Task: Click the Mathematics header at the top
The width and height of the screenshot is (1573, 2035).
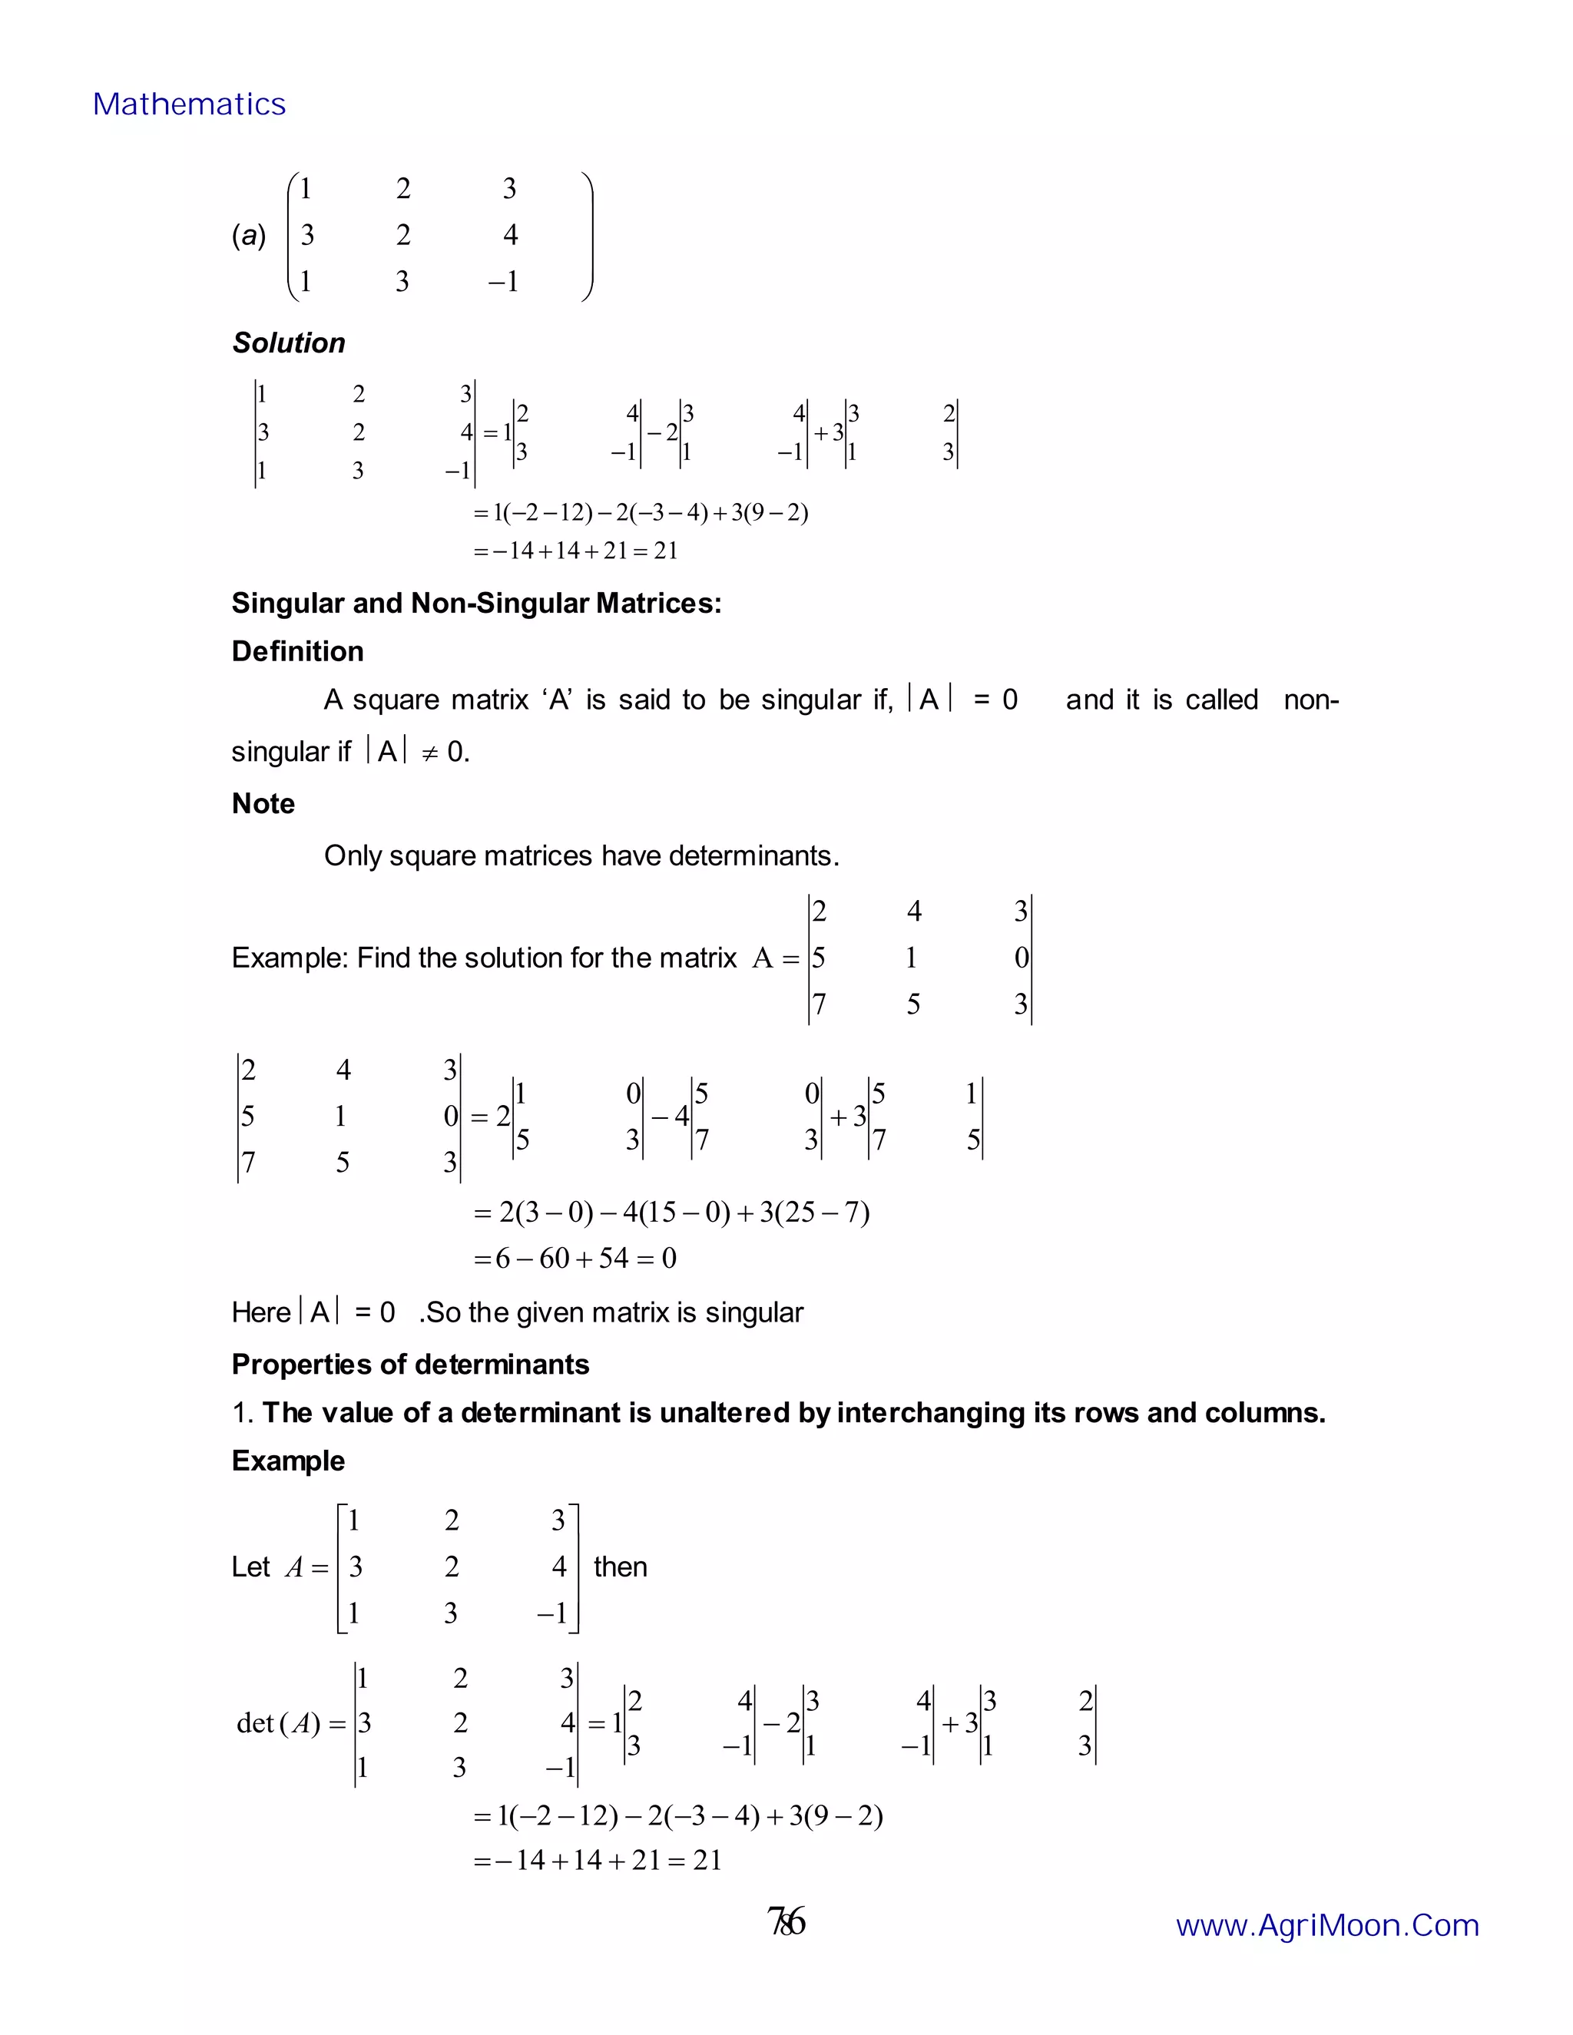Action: point(189,104)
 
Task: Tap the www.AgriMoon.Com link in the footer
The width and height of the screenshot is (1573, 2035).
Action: point(1327,1924)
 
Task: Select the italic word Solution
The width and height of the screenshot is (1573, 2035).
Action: point(289,343)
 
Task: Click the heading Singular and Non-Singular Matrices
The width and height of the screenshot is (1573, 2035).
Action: point(476,603)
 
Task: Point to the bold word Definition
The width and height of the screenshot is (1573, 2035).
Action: point(297,651)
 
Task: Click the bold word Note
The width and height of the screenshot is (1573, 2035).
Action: point(263,803)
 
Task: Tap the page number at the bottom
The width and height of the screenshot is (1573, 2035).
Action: point(786,1921)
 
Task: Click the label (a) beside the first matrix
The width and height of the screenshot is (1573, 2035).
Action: point(249,236)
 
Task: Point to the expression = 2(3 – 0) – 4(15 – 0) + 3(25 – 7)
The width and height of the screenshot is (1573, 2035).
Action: point(671,1213)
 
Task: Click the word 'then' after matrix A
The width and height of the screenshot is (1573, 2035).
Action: point(621,1567)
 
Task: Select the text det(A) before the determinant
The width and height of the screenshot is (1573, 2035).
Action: point(279,1723)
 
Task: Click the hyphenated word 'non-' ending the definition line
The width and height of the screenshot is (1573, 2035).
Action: point(1310,700)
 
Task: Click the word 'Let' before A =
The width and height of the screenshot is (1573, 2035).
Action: point(250,1567)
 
